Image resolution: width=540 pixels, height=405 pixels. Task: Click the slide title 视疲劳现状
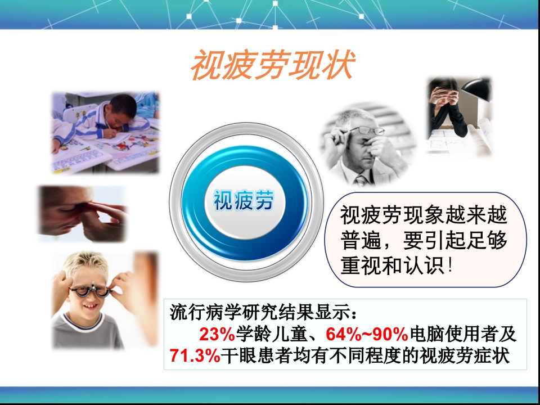coord(272,66)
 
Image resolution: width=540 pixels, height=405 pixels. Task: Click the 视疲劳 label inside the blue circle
coord(243,200)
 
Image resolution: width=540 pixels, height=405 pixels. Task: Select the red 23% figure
coord(217,335)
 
